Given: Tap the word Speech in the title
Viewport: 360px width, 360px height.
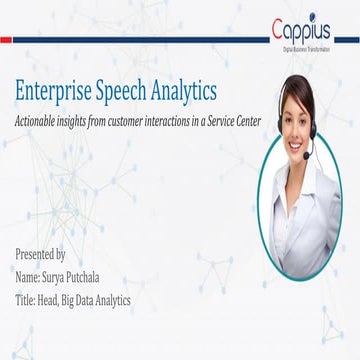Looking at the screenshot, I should [131, 92].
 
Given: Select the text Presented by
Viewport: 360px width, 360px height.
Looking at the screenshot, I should [42, 254].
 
